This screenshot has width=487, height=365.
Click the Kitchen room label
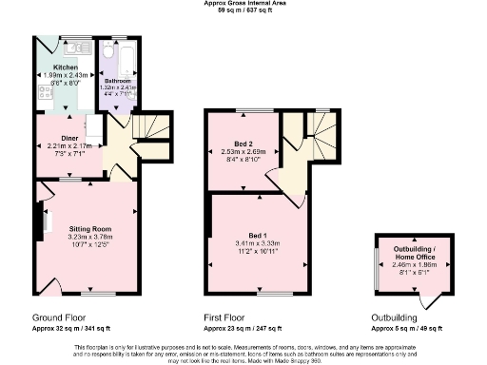(66, 68)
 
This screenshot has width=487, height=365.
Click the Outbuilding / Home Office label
(413, 254)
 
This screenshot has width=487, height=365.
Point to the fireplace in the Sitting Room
(44, 224)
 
